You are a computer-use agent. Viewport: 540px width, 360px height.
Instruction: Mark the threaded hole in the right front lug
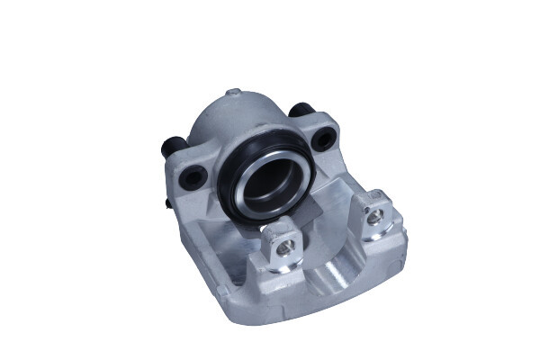[x=375, y=215]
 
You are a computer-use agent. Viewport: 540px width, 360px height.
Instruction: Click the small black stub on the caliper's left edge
[x=168, y=203]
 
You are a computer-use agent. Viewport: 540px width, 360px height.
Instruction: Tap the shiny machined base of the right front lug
[x=385, y=236]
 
